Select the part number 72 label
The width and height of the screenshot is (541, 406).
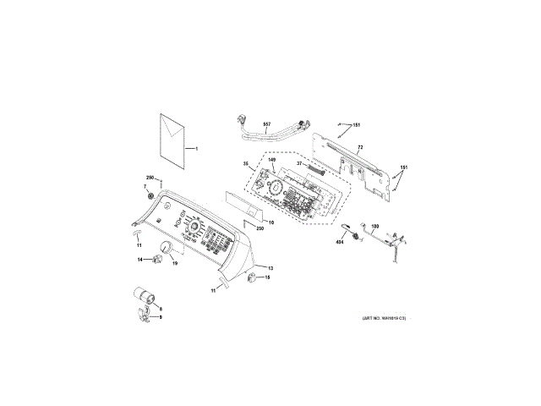[x=359, y=147]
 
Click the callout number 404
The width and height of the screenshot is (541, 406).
[x=340, y=242]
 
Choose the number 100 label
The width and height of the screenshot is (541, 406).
[x=375, y=227]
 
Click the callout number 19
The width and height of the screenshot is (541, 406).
[x=175, y=264]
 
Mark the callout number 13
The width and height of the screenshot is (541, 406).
[x=270, y=267]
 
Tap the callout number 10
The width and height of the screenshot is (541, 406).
[x=270, y=222]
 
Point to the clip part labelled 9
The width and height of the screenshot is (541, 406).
[x=145, y=317]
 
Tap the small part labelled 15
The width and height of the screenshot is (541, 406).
[x=253, y=277]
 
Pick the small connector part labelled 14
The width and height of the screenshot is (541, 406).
[x=155, y=260]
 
